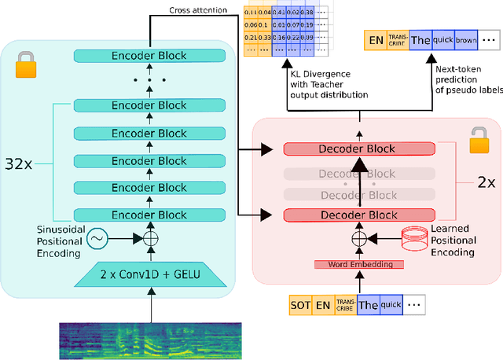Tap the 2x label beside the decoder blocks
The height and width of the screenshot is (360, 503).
(486, 182)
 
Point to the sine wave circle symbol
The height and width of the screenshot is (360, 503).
(97, 236)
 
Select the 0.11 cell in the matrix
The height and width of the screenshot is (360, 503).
(251, 12)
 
